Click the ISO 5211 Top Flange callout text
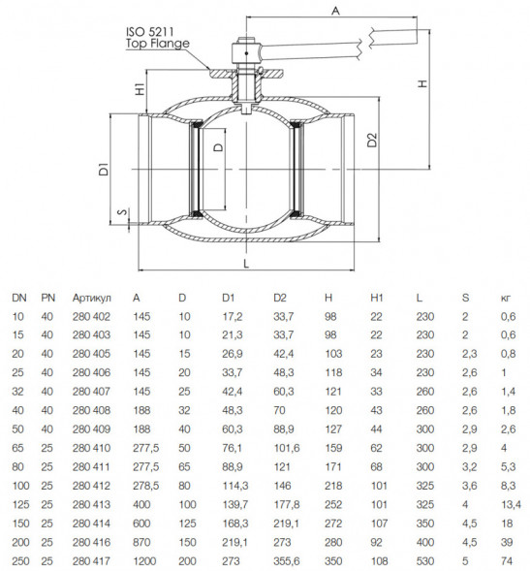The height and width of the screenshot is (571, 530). pyautogui.click(x=158, y=38)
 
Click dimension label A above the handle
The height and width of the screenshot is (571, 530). pyautogui.click(x=335, y=11)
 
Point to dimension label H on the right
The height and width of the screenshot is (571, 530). pyautogui.click(x=422, y=83)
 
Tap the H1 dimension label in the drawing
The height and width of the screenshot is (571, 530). pyautogui.click(x=140, y=89)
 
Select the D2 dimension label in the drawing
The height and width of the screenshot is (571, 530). pyautogui.click(x=372, y=140)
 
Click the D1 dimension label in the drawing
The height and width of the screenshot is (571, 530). pyautogui.click(x=104, y=170)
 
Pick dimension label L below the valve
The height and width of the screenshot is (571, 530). pyautogui.click(x=246, y=264)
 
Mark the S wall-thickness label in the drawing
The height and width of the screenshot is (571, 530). pyautogui.click(x=124, y=211)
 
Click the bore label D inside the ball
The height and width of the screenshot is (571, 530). pyautogui.click(x=218, y=146)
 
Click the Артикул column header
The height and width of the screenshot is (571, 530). pyautogui.click(x=91, y=298)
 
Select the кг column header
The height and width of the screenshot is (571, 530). pyautogui.click(x=506, y=299)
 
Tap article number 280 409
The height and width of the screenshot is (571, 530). pyautogui.click(x=91, y=429)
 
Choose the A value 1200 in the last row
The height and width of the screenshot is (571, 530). pyautogui.click(x=144, y=561)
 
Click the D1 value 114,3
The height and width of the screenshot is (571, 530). pyautogui.click(x=234, y=486)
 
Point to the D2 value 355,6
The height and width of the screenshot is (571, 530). pyautogui.click(x=287, y=561)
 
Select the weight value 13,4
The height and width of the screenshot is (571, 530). pyautogui.click(x=511, y=505)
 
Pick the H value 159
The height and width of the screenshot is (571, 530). pyautogui.click(x=333, y=448)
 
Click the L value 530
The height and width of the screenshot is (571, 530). pyautogui.click(x=425, y=561)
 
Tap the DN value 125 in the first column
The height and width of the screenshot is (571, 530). pyautogui.click(x=20, y=505)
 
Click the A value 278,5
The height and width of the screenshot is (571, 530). pyautogui.click(x=146, y=486)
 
